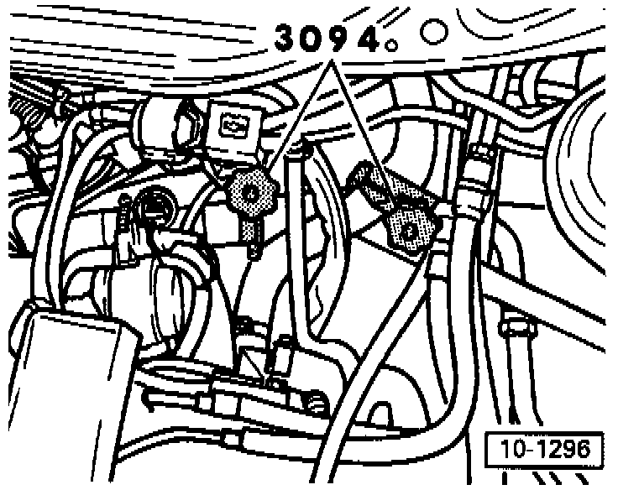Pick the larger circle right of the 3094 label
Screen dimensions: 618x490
[x=433, y=34]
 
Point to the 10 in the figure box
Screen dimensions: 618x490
[x=512, y=449]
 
